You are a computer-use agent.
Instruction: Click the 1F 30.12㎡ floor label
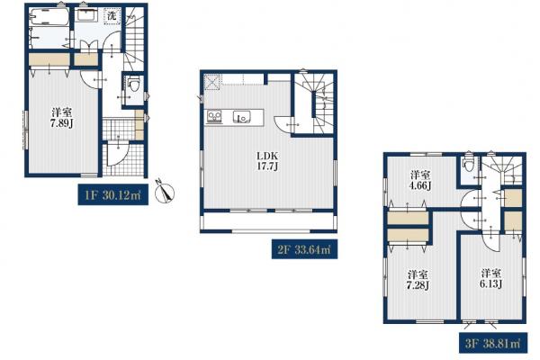point(113,195)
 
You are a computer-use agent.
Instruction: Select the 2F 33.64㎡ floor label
point(304,249)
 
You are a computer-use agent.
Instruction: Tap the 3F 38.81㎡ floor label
point(493,343)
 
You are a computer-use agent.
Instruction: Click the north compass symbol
point(165,191)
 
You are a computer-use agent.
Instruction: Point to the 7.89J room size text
point(61,123)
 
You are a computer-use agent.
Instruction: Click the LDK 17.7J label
point(267,161)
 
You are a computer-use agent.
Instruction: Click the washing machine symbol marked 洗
point(112,16)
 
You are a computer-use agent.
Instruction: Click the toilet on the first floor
point(134,84)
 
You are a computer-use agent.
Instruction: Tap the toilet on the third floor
point(468,165)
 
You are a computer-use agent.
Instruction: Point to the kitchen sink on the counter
point(240,117)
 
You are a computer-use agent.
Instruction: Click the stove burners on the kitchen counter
point(214,117)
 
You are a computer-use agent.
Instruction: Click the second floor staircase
point(314,103)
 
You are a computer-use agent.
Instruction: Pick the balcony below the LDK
point(268,220)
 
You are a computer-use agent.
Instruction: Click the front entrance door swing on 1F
point(118,155)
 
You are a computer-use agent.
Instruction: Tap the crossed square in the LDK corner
point(212,82)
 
